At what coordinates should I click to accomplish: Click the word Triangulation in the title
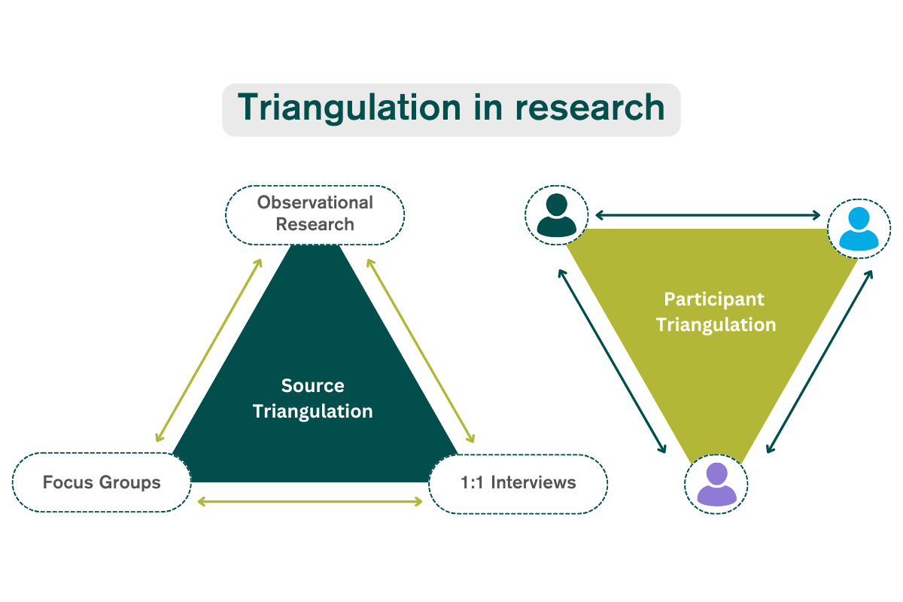point(349,108)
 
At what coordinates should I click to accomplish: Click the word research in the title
point(590,108)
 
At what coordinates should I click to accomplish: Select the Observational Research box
point(315,215)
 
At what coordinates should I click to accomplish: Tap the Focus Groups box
point(102,482)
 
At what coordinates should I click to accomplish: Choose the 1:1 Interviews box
point(518,484)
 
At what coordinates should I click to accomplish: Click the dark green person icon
point(556,215)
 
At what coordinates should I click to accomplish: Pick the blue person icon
point(859,229)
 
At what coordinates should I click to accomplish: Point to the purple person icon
point(716,485)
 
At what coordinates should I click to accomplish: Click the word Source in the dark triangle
point(313,386)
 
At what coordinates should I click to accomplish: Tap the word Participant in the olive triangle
point(714,299)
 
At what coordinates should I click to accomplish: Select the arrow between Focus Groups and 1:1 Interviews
point(309,502)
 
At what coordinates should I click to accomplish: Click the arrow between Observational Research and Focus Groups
point(209,351)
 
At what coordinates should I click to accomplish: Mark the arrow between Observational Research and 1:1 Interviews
point(421,351)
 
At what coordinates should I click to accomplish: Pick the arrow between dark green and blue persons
point(707,215)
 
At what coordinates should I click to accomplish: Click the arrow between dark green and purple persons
point(612,361)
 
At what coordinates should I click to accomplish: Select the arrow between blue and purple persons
point(819,361)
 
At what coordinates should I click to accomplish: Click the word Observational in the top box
point(315,202)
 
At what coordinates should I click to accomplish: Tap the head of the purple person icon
point(716,474)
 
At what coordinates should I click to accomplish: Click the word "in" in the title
point(488,107)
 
